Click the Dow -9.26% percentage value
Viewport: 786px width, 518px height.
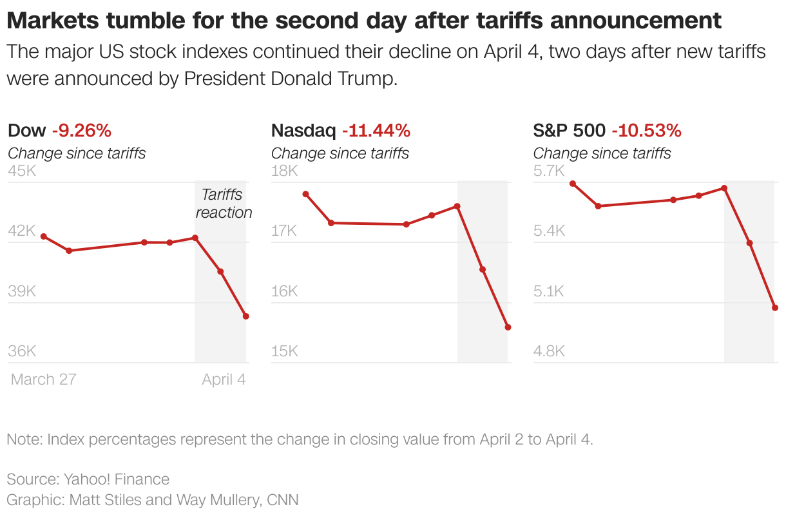(x=81, y=131)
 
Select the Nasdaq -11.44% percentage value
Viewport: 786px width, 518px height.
(x=376, y=131)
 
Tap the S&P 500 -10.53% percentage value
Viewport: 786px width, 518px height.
(x=646, y=131)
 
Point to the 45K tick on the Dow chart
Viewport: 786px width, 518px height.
(x=22, y=171)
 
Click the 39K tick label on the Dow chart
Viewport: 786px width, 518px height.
(x=22, y=291)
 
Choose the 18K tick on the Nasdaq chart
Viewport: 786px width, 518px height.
(x=284, y=171)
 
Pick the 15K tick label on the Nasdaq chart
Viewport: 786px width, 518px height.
(x=284, y=351)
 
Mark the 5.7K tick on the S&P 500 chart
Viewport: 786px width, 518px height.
(x=549, y=171)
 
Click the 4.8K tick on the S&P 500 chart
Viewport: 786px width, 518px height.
(x=550, y=351)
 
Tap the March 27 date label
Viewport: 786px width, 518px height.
(x=43, y=379)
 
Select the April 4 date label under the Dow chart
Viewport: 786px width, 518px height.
(x=224, y=379)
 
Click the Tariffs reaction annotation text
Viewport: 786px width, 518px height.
(x=224, y=203)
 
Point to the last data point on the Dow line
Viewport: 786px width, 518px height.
(x=245, y=316)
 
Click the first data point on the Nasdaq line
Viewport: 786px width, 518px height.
(x=305, y=194)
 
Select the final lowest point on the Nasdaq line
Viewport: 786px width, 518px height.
(x=508, y=327)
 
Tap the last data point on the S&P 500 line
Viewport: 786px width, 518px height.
(x=775, y=308)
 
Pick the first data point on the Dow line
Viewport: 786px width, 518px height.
(x=44, y=236)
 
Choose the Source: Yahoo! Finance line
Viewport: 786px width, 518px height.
(x=88, y=479)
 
